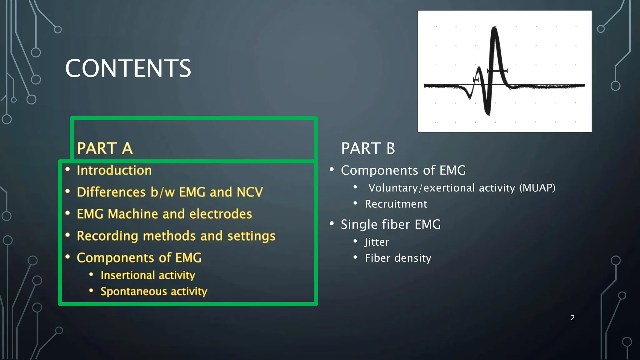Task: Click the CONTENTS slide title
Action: pyautogui.click(x=128, y=68)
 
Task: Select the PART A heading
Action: pyautogui.click(x=105, y=148)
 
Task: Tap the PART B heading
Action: pyautogui.click(x=368, y=148)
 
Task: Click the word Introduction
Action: pyautogui.click(x=114, y=171)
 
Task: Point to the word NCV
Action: pyautogui.click(x=250, y=192)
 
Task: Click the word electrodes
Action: pyautogui.click(x=221, y=214)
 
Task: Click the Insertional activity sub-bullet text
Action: pyautogui.click(x=148, y=275)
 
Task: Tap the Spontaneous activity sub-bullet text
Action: pyautogui.click(x=154, y=292)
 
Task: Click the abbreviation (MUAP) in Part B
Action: pyautogui.click(x=537, y=188)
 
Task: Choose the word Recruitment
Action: pyautogui.click(x=396, y=204)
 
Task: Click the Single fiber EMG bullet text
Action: pyautogui.click(x=391, y=225)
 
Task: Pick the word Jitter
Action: pyautogui.click(x=377, y=242)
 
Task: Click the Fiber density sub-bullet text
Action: pyautogui.click(x=398, y=258)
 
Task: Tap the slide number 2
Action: pyautogui.click(x=572, y=318)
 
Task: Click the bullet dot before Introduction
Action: pyautogui.click(x=67, y=169)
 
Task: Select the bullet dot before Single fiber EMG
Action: pyautogui.click(x=332, y=223)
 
